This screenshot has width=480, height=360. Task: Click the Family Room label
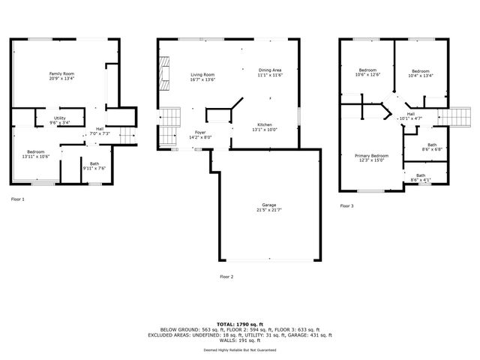[x=61, y=73]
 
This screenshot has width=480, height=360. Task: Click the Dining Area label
[x=269, y=70]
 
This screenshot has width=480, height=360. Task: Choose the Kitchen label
[x=265, y=124]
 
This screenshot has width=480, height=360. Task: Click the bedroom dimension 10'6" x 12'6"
[x=367, y=75]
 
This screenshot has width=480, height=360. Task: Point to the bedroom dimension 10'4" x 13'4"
[x=421, y=75]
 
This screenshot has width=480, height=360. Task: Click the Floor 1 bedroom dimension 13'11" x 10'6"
[x=33, y=156]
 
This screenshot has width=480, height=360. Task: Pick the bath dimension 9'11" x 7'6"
[x=94, y=168]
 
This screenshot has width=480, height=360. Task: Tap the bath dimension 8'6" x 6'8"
[x=431, y=149]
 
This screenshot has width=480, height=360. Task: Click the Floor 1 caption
[x=18, y=199]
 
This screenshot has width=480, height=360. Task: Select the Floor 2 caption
[x=226, y=277]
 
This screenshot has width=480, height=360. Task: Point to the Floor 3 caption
[x=346, y=205]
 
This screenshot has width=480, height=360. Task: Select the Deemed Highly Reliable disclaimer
[x=239, y=349]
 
